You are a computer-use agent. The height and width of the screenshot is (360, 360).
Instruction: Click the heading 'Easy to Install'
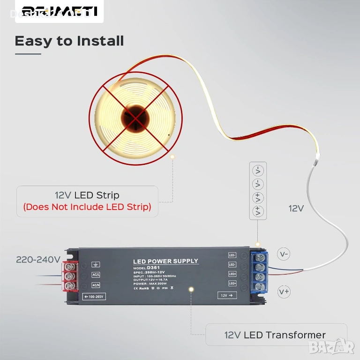point(69,41)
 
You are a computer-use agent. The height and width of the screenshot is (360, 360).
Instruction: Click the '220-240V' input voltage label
point(38,259)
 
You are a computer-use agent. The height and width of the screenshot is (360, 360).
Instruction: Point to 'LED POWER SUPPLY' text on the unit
point(165,261)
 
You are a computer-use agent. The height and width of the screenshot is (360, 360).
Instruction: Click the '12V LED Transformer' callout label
point(275,335)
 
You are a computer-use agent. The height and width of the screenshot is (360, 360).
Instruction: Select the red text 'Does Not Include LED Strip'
point(87,207)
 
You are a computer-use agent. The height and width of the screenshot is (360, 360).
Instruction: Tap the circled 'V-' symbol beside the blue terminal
point(284,254)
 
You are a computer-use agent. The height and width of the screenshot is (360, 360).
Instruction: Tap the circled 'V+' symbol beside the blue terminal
point(284,292)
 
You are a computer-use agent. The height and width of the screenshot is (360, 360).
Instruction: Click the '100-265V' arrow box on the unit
point(94,296)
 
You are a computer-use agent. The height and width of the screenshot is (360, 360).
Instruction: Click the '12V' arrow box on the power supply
point(227,295)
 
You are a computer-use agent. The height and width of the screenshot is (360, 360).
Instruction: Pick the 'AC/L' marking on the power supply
point(96,275)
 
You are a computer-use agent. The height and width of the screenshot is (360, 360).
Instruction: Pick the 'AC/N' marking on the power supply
point(96,285)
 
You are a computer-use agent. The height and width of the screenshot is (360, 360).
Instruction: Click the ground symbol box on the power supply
point(96,264)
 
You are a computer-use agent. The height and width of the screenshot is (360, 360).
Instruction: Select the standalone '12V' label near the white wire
point(296,208)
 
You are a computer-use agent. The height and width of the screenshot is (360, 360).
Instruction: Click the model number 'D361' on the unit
point(154,268)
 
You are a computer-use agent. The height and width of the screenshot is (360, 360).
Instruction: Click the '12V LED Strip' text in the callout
point(87,195)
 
